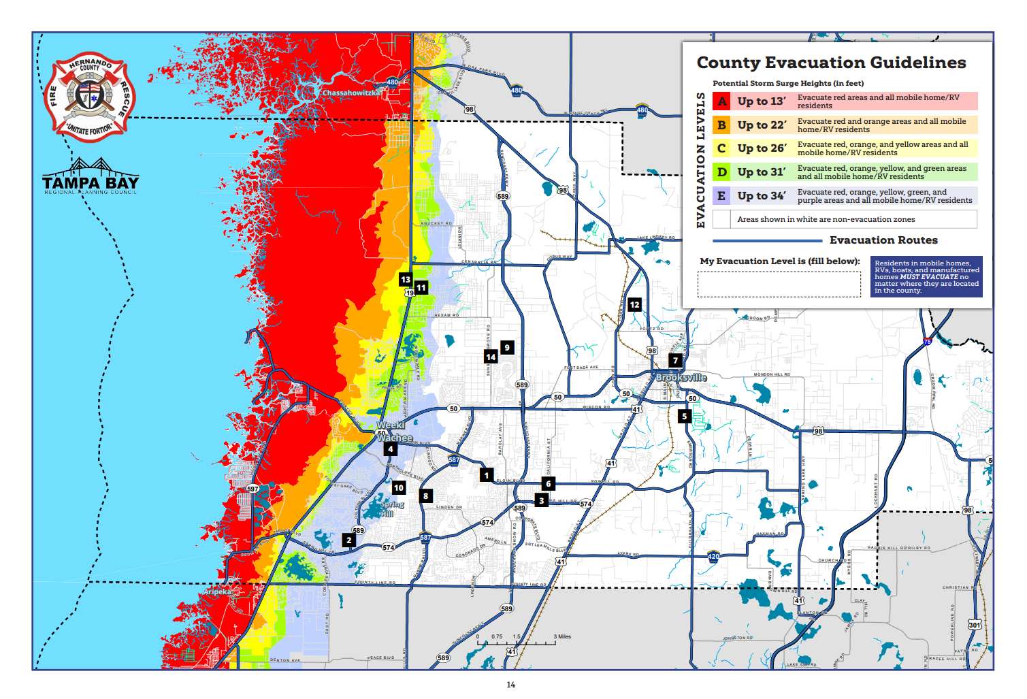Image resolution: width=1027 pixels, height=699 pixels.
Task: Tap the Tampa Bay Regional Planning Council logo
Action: (x=91, y=178)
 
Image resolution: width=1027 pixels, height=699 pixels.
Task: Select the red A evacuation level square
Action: (x=721, y=101)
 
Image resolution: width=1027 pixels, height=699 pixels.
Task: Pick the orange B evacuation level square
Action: (x=721, y=125)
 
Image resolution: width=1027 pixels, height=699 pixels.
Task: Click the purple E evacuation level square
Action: (x=721, y=196)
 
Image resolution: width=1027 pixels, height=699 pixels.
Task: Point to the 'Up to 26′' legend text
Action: (x=762, y=148)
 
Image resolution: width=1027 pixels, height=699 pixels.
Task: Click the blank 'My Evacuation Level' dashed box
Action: (x=779, y=285)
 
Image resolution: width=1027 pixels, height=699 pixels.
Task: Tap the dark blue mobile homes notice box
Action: (x=926, y=277)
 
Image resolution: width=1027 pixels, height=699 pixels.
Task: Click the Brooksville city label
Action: (x=681, y=377)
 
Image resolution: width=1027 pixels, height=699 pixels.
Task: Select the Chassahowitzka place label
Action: (x=351, y=93)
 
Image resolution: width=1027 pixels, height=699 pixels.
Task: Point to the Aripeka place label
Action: (x=218, y=591)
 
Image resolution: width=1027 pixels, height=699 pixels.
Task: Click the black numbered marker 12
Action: (x=634, y=305)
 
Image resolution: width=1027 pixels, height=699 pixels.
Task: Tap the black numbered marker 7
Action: (x=675, y=361)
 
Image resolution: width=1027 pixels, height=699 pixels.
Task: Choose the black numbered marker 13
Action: (x=406, y=280)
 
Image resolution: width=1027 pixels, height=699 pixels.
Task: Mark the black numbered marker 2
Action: (x=349, y=540)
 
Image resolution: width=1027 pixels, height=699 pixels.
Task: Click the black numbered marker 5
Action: (x=685, y=416)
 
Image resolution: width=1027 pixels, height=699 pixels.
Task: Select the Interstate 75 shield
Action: (x=927, y=342)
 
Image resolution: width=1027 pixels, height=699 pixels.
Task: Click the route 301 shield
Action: (x=975, y=625)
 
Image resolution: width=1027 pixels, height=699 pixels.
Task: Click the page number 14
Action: (x=511, y=685)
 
